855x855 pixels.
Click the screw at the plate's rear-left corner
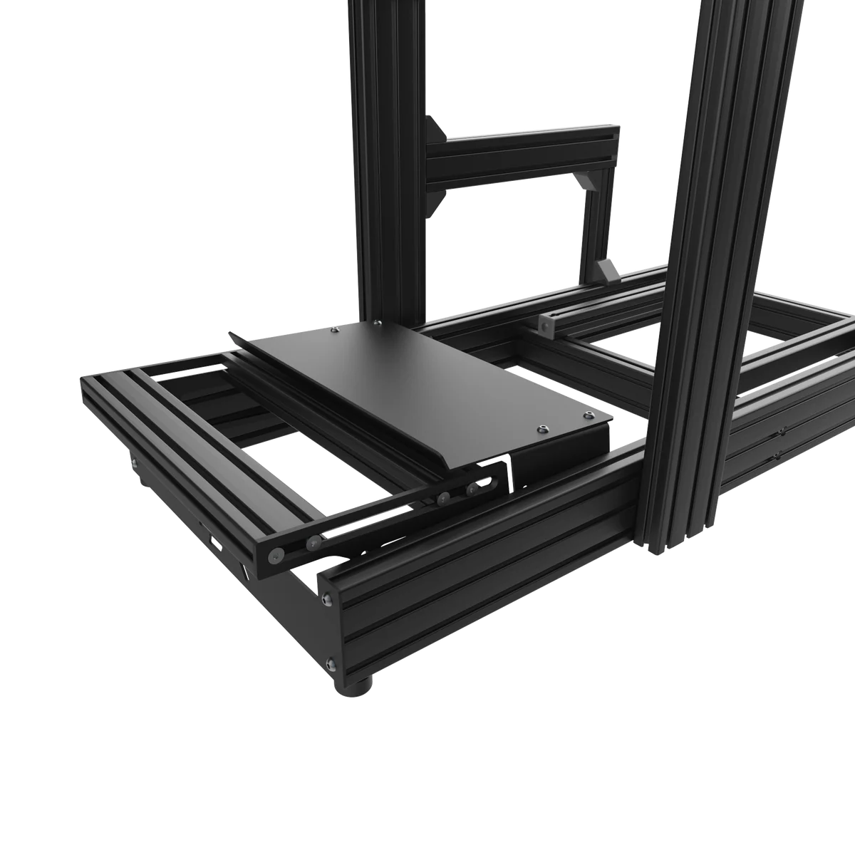[x=336, y=331]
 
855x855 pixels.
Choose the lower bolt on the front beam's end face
[x=329, y=664]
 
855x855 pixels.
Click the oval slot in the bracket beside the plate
[x=487, y=484]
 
